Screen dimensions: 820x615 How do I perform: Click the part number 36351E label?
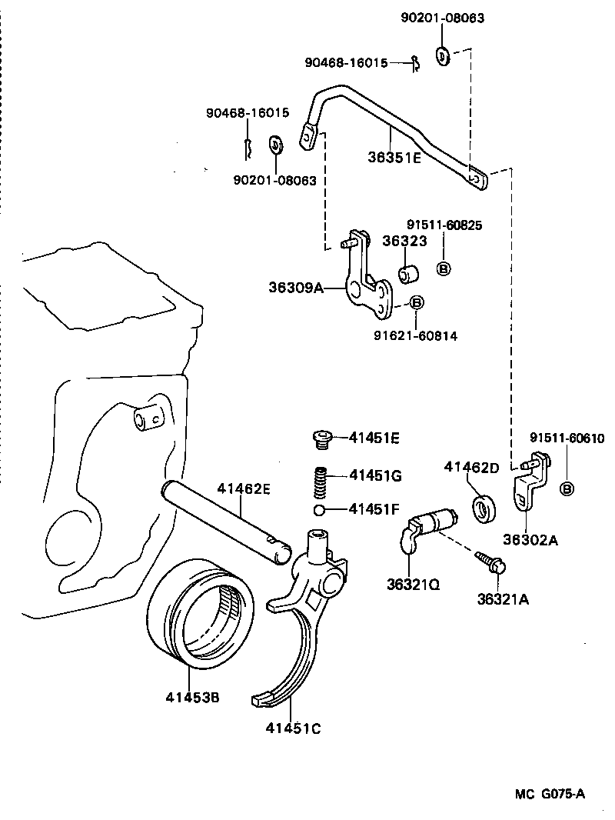[394, 158]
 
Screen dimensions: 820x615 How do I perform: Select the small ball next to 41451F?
[320, 510]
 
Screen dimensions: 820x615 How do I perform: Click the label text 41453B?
[192, 698]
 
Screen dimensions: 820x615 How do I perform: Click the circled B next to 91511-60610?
[567, 489]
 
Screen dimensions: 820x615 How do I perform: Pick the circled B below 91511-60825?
[444, 268]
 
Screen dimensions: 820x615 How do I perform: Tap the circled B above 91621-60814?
[415, 303]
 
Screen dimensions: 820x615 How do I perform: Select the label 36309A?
[294, 288]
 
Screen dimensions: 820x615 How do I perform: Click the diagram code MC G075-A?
[550, 794]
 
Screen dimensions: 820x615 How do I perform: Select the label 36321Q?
[413, 585]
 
